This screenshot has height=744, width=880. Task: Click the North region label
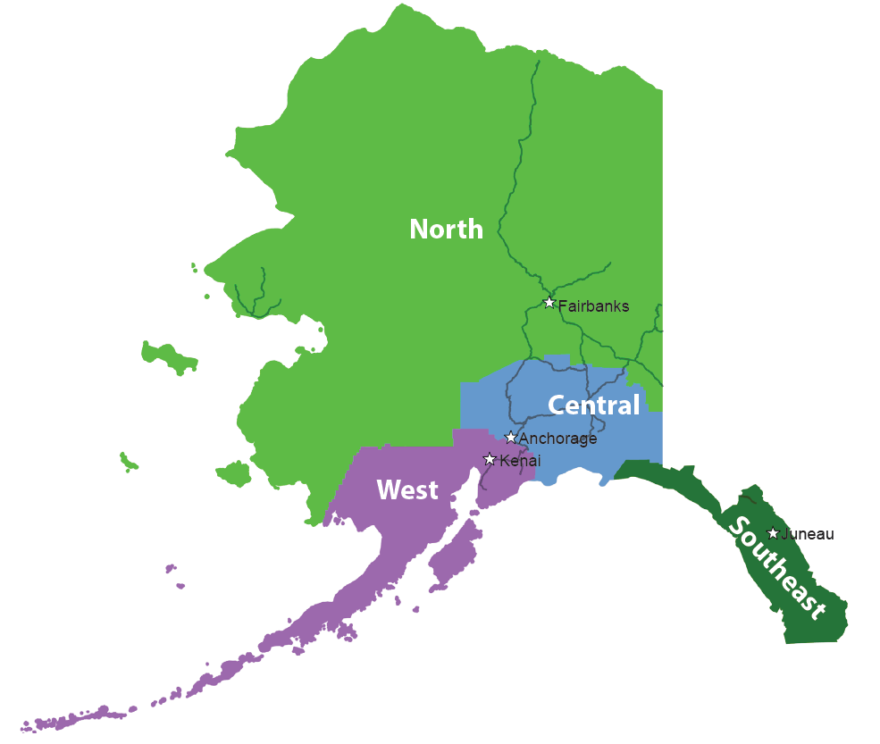tap(446, 230)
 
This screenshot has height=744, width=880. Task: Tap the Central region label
tap(593, 405)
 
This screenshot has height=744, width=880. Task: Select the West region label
tap(407, 489)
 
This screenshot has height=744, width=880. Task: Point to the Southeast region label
tap(776, 567)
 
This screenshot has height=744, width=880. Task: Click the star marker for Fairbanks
tap(549, 303)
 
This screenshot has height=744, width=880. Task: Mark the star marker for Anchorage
tap(511, 438)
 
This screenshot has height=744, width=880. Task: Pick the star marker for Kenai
tap(490, 459)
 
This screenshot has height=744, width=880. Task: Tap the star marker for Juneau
tap(773, 533)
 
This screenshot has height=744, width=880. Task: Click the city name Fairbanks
tap(593, 306)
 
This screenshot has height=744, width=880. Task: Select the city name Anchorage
tap(557, 439)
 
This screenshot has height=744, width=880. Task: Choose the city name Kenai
tap(520, 460)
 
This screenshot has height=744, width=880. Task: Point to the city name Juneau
tap(808, 534)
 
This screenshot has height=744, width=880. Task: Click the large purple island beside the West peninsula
tap(452, 558)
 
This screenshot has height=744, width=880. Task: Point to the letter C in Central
tap(557, 405)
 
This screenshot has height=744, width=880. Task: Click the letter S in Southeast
tap(738, 527)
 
